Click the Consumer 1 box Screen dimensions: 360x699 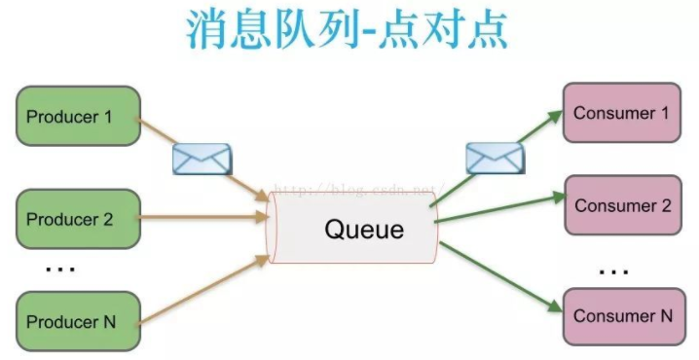(622, 114)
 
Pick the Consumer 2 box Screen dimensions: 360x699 (622, 206)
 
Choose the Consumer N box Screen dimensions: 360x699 (622, 316)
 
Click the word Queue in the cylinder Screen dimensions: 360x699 (363, 231)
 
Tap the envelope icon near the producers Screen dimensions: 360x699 (201, 159)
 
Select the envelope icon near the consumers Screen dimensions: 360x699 (495, 158)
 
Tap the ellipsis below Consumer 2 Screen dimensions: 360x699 (613, 271)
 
